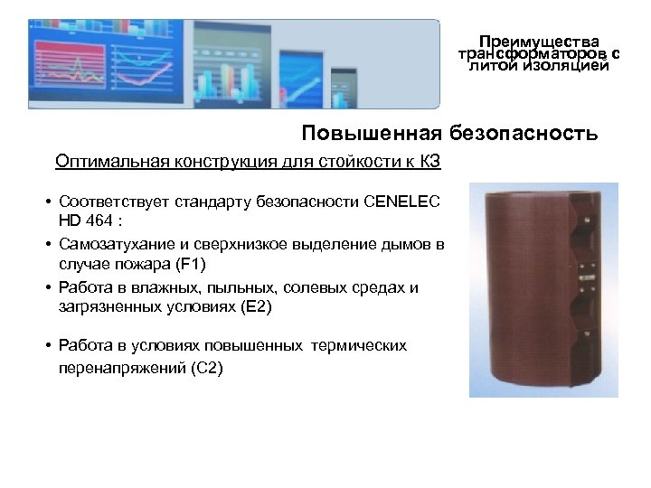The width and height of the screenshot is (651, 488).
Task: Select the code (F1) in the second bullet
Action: [x=191, y=265]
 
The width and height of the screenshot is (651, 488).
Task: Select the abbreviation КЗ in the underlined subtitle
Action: [x=428, y=162]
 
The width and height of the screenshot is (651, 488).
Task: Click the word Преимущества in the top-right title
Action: [x=539, y=42]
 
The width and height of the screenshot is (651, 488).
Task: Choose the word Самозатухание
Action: [x=109, y=244]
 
